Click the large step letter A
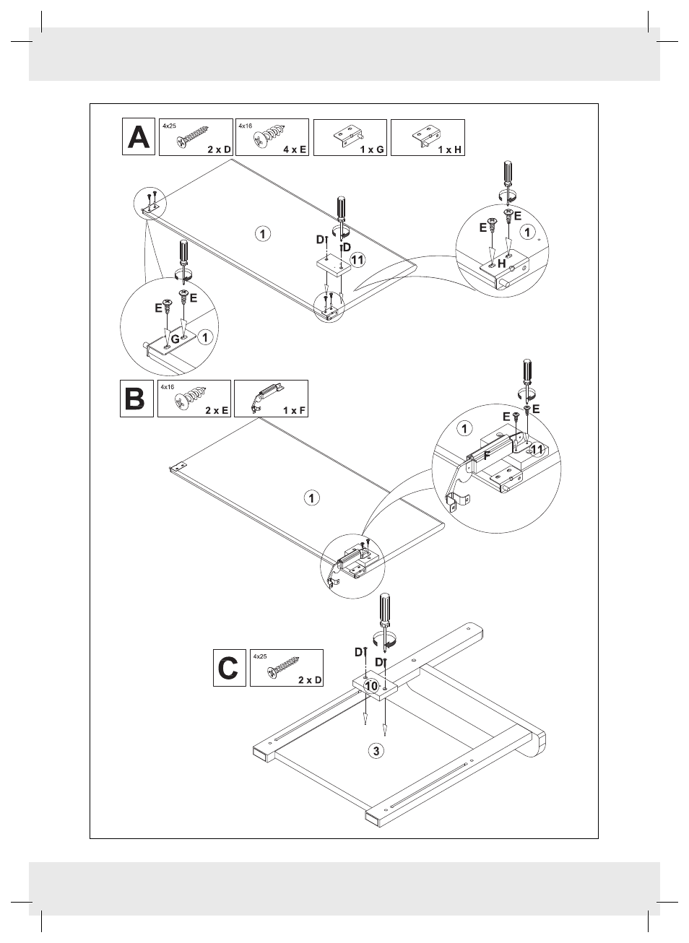pos(139,137)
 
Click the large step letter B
pos(135,399)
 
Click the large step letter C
pos(229,668)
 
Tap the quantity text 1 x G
pos(372,149)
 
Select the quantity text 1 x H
pos(449,149)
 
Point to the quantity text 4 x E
pos(295,149)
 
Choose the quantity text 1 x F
pos(294,410)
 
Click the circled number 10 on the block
pos(371,686)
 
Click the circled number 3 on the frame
pos(376,751)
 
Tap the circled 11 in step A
pos(357,260)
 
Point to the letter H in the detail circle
pos(502,264)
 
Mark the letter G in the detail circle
pos(175,339)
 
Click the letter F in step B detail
pos(487,456)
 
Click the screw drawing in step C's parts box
pos(283,668)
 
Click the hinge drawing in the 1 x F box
pos(265,398)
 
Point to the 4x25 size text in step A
pos(169,126)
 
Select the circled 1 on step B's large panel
pos(312,498)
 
